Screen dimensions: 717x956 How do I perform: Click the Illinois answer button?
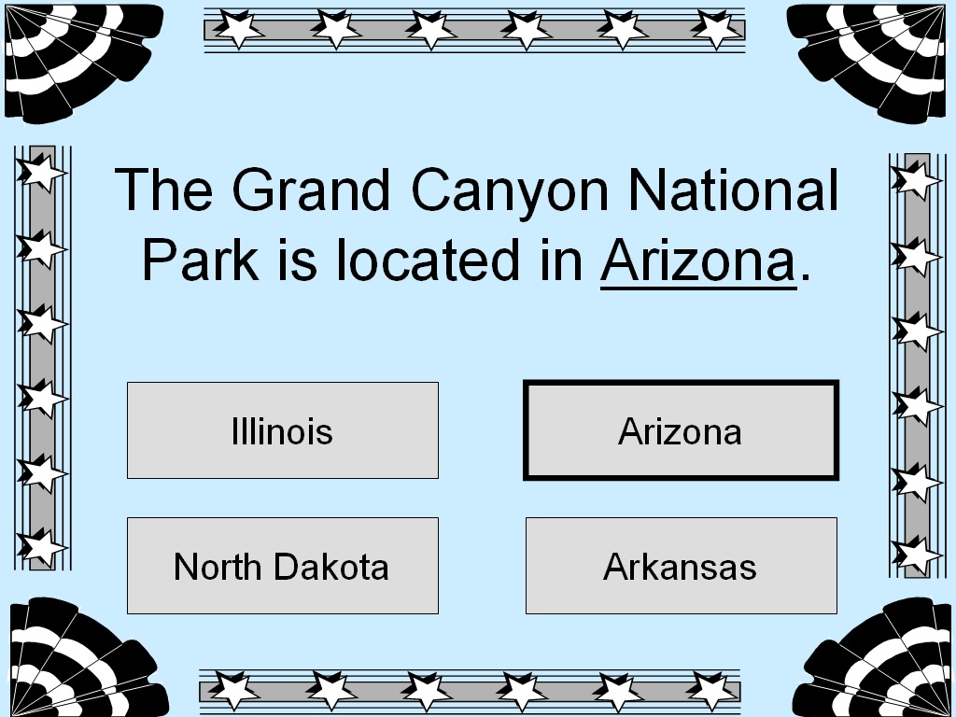282,430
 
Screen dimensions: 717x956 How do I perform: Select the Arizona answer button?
681,430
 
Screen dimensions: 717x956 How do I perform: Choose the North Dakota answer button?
282,566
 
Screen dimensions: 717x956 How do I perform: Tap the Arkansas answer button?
681,566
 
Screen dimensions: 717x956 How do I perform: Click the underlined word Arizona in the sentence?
698,260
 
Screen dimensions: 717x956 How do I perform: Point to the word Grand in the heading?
310,190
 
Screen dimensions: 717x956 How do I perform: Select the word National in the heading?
733,190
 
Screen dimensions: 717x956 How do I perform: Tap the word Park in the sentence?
200,260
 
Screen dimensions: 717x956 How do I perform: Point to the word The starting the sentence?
165,190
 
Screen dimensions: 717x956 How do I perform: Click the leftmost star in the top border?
240,29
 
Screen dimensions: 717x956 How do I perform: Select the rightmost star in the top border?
716,29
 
